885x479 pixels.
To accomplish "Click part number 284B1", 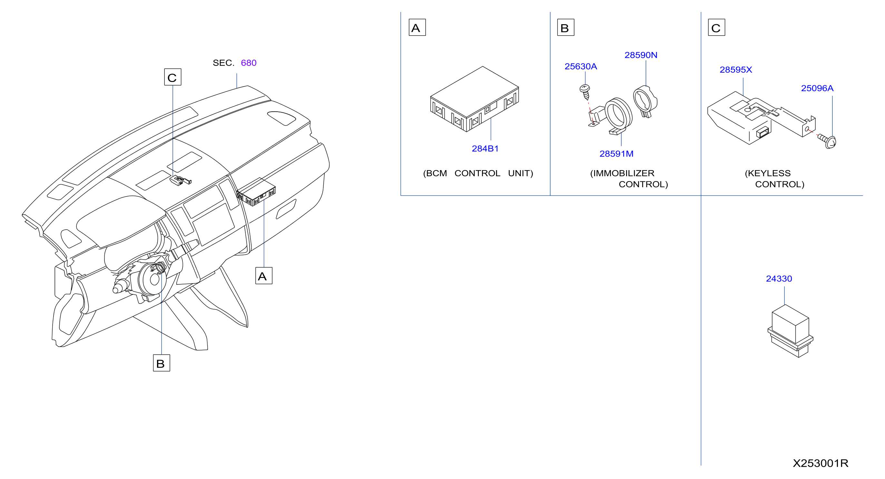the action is pos(485,148).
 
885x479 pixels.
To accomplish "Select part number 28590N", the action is pos(641,55).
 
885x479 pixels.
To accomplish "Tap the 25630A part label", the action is pos(581,66).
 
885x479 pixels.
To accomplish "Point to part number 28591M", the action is pos(616,154).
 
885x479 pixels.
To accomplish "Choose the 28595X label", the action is pos(736,70).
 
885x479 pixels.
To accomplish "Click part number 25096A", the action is pos(817,88).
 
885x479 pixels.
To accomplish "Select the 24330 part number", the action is pos(779,279).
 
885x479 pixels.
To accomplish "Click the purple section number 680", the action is pos(249,63).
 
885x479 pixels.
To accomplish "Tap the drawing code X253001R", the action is pos(821,463).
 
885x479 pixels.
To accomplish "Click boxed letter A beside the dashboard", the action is pos(264,276).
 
